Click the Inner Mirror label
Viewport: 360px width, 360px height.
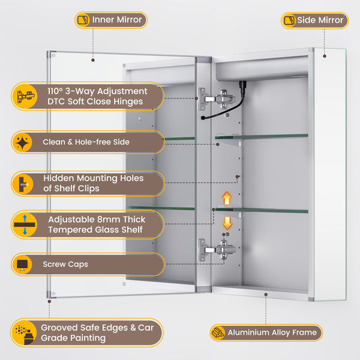point(111,20)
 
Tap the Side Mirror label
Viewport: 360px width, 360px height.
point(314,20)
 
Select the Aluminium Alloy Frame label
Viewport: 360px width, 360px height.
point(266,332)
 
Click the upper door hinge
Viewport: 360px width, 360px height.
point(217,99)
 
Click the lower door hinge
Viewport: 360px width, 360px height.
point(217,250)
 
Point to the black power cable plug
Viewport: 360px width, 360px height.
point(242,85)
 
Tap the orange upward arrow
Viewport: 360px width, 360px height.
point(227,198)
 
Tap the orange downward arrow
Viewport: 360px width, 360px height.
point(227,223)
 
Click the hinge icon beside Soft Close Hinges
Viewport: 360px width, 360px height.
point(25,96)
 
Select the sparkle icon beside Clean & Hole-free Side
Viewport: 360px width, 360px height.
point(23,142)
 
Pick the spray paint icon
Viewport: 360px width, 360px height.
point(25,332)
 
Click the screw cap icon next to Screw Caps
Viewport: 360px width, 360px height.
point(22,265)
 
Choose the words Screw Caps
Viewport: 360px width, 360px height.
point(65,264)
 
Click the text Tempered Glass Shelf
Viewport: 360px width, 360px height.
point(95,230)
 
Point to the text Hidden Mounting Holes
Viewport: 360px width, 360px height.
point(94,178)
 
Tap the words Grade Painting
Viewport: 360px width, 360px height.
point(73,338)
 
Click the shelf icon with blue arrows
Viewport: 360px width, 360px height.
point(25,224)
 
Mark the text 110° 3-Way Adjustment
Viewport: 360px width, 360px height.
point(97,91)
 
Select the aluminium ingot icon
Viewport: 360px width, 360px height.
point(218,332)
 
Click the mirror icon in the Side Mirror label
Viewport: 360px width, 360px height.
point(289,20)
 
